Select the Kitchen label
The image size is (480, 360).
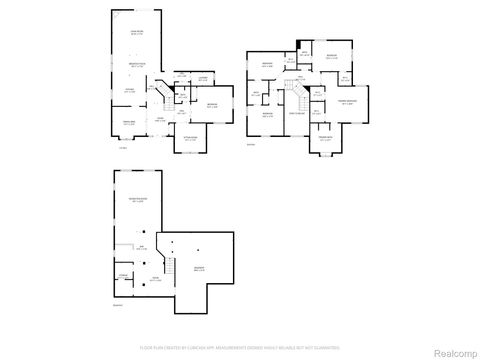coord(130,91)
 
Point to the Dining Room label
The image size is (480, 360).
coord(129,123)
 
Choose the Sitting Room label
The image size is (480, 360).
coord(190,139)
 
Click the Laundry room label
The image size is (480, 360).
coord(202,79)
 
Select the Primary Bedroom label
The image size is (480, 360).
coord(347,102)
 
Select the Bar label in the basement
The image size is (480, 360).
coord(141,248)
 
